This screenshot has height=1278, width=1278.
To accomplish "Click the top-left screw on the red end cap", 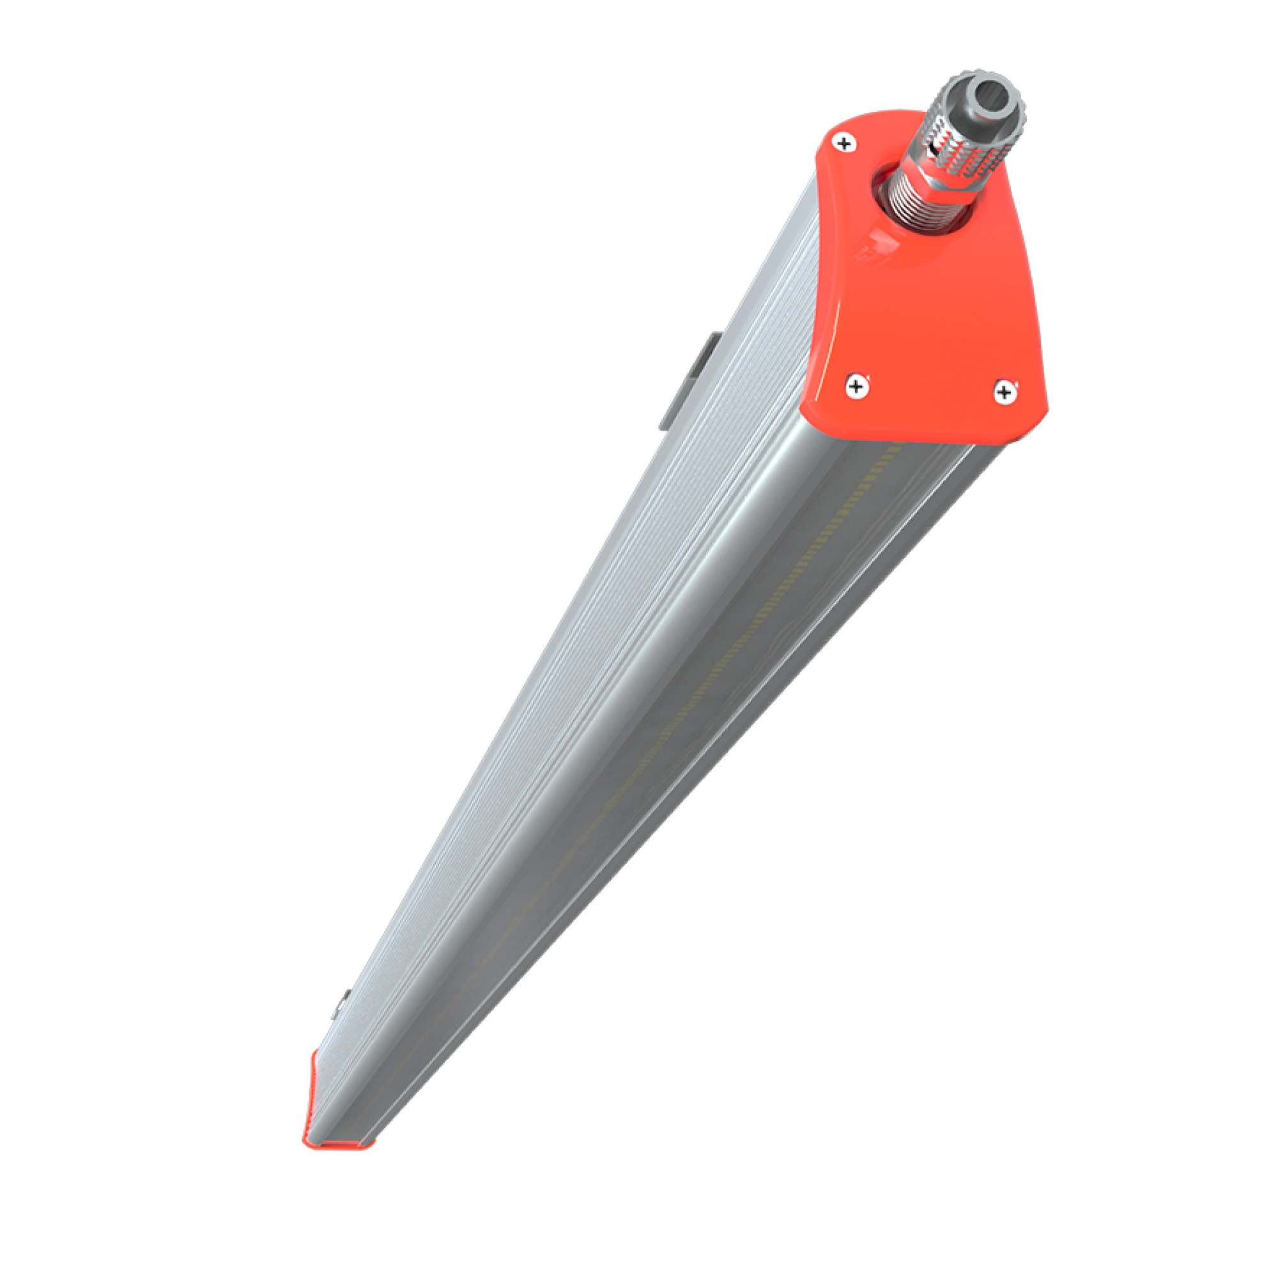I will [x=844, y=142].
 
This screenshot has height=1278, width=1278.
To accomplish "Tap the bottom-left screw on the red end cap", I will [x=858, y=387].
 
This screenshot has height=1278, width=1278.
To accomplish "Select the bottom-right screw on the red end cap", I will [x=1005, y=392].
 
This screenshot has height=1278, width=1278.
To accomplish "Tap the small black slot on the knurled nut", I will [x=934, y=151].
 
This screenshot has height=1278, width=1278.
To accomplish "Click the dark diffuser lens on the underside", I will [x=760, y=661].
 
